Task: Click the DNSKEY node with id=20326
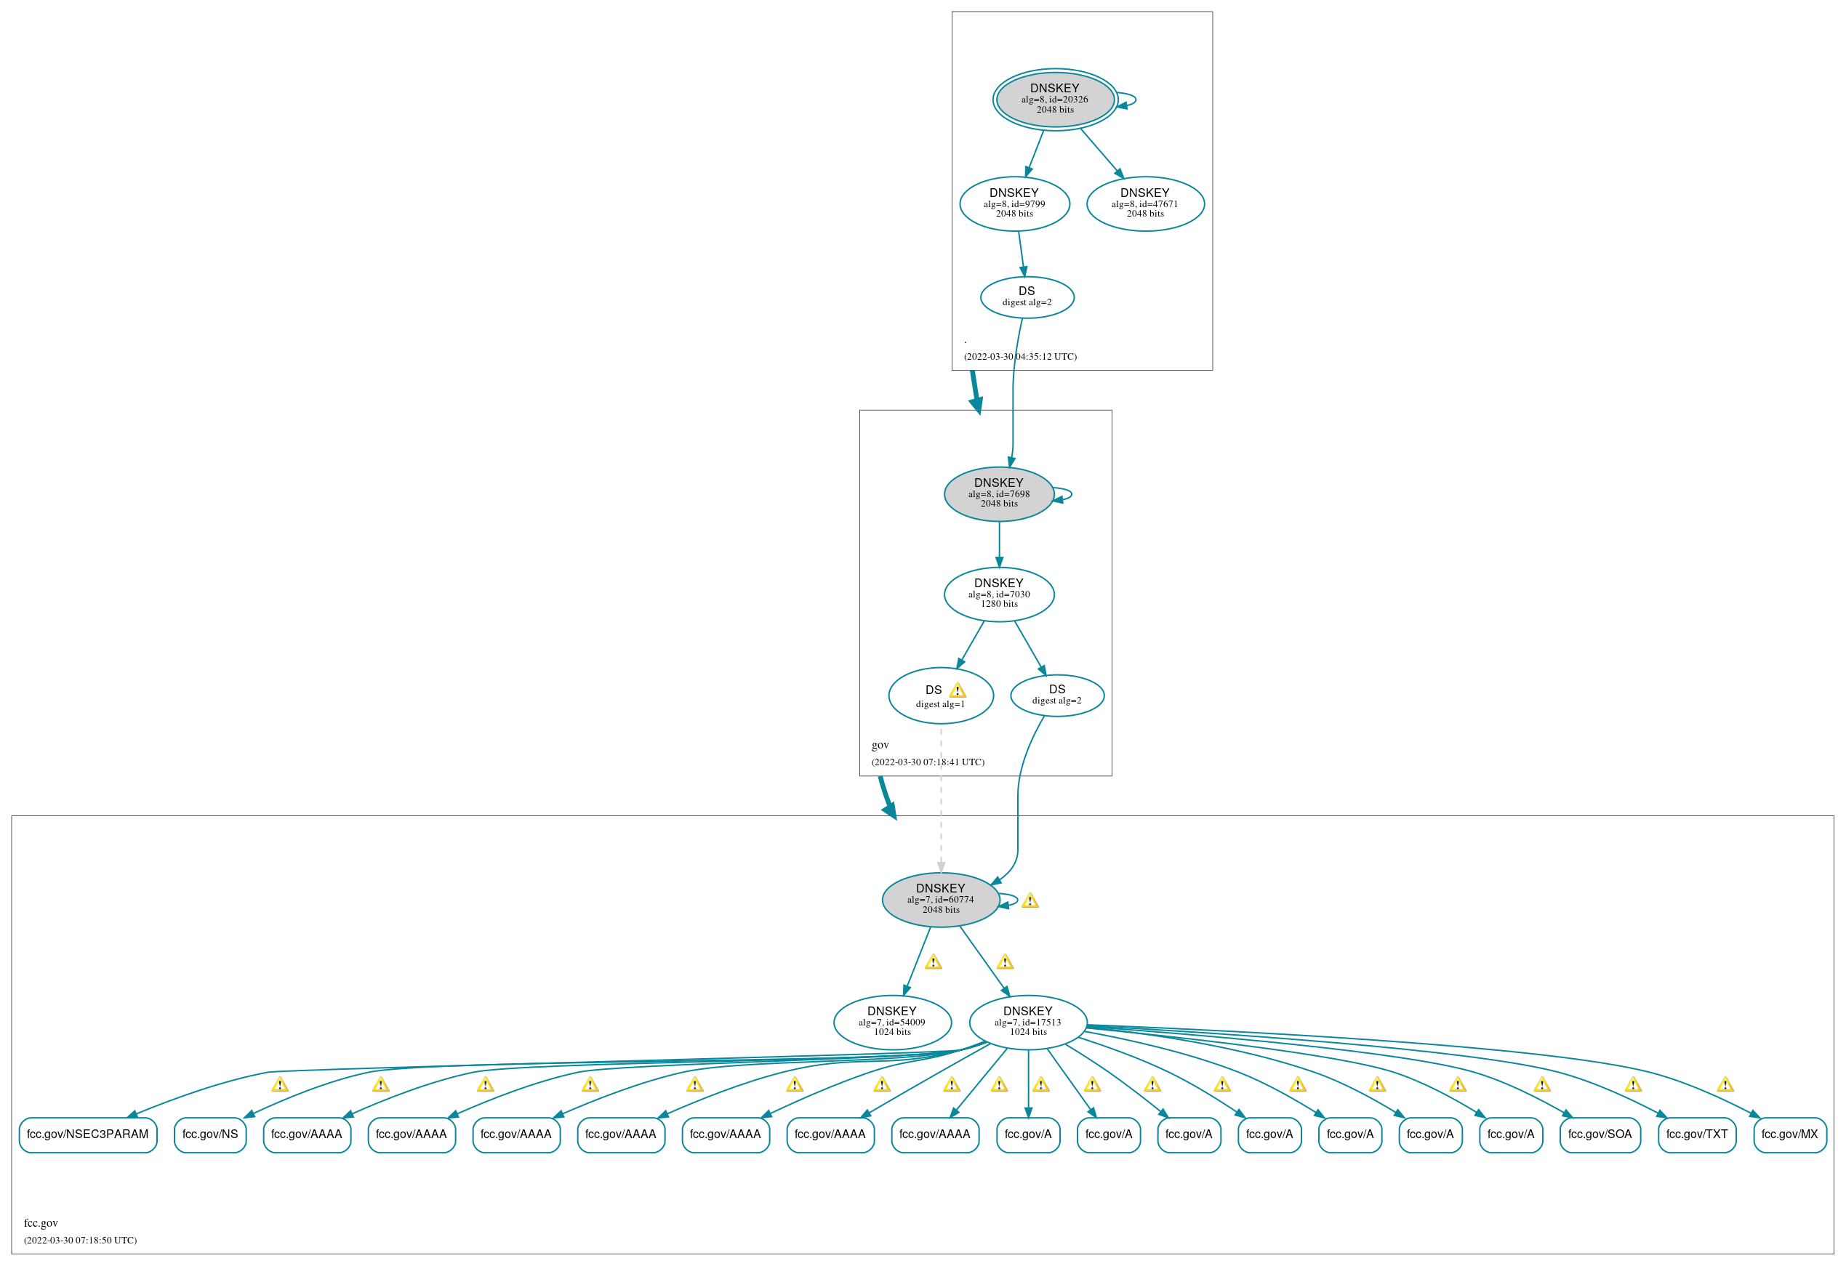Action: coord(1055,100)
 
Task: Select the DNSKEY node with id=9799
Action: coord(1014,203)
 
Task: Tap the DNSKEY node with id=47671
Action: coord(1144,203)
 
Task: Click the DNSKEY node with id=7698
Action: coord(998,493)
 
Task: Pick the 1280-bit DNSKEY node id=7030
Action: coord(998,593)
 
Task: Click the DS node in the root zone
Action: coord(1027,297)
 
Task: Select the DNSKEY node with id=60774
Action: coord(941,899)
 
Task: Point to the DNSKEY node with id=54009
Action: coord(892,1021)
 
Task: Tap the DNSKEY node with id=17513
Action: coord(1028,1021)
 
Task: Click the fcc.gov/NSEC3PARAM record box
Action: coord(87,1134)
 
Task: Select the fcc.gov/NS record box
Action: coord(209,1134)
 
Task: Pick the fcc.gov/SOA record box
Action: coord(1599,1134)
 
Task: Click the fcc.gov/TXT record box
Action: coord(1697,1134)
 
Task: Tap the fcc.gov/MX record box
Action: coord(1789,1134)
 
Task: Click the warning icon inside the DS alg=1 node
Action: coord(957,690)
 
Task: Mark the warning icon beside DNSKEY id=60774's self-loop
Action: coord(1030,900)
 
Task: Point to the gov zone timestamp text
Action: coord(927,762)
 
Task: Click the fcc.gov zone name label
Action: coord(41,1223)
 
